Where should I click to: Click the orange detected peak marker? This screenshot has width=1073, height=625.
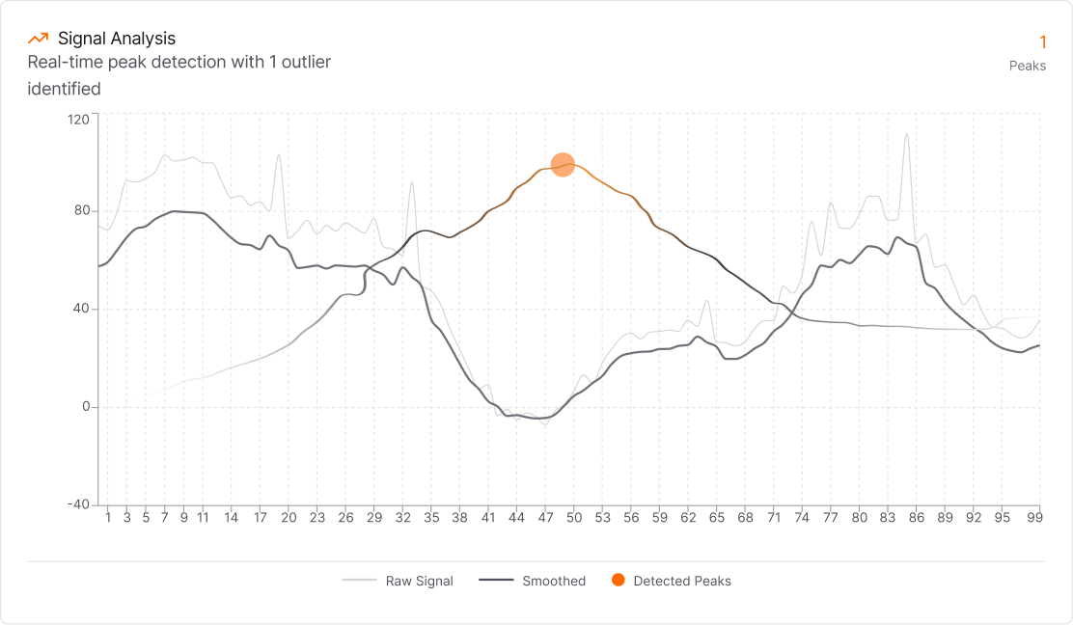pyautogui.click(x=563, y=165)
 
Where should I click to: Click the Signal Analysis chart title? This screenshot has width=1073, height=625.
pyautogui.click(x=117, y=39)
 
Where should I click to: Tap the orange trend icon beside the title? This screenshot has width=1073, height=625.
pyautogui.click(x=39, y=39)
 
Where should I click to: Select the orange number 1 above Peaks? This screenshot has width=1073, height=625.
pyautogui.click(x=1042, y=41)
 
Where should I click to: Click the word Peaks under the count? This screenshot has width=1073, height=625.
pyautogui.click(x=1027, y=67)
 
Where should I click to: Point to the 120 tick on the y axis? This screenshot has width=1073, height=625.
pyautogui.click(x=78, y=119)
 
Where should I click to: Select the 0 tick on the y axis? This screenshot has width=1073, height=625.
pyautogui.click(x=85, y=407)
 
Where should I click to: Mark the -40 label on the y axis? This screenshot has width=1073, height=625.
pyautogui.click(x=78, y=504)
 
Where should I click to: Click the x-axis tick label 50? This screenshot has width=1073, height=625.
pyautogui.click(x=574, y=518)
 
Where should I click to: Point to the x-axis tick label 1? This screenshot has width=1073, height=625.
pyautogui.click(x=107, y=518)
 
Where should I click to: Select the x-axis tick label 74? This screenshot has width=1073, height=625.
pyautogui.click(x=802, y=518)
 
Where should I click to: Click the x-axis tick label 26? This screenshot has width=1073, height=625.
pyautogui.click(x=345, y=518)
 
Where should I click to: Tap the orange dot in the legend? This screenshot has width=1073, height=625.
pyautogui.click(x=619, y=580)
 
